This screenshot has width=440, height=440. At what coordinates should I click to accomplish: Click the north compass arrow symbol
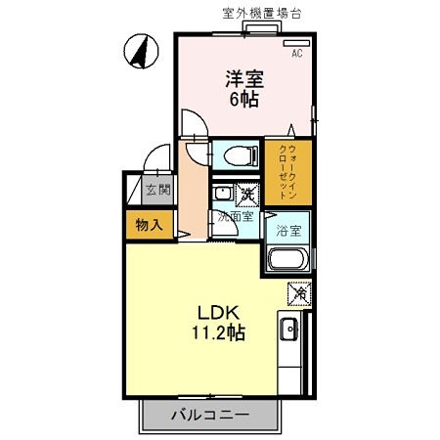pyautogui.click(x=141, y=50)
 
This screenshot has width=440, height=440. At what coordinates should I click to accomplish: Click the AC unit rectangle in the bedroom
pyautogui.click(x=295, y=44)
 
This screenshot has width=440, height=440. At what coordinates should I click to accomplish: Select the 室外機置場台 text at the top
pyautogui.click(x=261, y=13)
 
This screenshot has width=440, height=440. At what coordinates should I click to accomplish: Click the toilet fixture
pyautogui.click(x=234, y=154)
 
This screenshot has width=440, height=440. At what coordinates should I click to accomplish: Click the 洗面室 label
pyautogui.click(x=235, y=215)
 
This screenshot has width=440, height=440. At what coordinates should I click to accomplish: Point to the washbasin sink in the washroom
pyautogui.click(x=222, y=193)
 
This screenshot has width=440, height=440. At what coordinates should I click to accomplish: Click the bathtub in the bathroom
pyautogui.click(x=287, y=260)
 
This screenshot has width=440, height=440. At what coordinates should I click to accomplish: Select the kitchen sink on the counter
pyautogui.click(x=289, y=330)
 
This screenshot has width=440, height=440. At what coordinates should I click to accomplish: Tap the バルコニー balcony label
pyautogui.click(x=210, y=416)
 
